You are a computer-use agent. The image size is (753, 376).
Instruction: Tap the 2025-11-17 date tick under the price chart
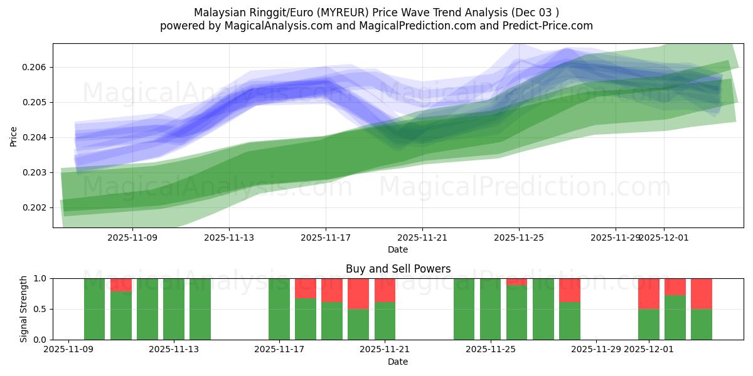325,238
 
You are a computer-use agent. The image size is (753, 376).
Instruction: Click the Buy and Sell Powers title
398,269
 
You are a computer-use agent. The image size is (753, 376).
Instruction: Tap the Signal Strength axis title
23,309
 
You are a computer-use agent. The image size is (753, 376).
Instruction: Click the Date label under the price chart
398,249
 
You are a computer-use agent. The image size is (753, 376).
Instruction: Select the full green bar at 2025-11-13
174,309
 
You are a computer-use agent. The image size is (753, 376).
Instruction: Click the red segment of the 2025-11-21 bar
385,290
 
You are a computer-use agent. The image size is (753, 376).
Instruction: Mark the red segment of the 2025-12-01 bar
648,293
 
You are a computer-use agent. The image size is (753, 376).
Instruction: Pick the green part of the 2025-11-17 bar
279,309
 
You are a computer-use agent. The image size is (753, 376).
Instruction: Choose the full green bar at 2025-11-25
490,309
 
